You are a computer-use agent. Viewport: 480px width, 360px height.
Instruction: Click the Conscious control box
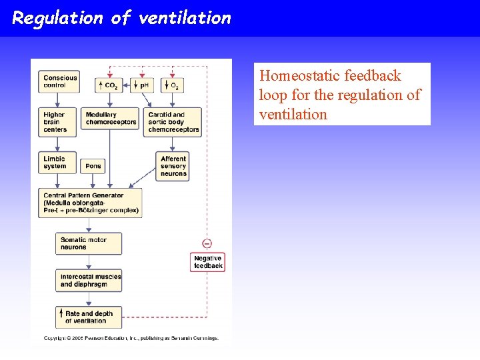59,81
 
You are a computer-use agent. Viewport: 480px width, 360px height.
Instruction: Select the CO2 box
110,85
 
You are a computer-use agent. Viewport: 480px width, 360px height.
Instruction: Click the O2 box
172,85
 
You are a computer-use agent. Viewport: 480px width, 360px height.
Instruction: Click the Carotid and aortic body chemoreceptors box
173,122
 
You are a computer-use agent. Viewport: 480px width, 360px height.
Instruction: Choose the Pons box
93,166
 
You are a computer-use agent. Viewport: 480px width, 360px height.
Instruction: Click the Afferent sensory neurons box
173,166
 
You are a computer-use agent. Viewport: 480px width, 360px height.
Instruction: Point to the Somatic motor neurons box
89,243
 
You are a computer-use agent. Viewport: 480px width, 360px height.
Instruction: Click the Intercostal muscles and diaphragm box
89,281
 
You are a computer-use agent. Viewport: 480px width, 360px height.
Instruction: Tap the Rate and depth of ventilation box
89,317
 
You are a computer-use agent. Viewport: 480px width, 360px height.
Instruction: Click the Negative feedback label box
207,262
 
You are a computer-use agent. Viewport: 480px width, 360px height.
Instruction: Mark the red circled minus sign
207,243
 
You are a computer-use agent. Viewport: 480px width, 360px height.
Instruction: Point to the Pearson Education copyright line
131,338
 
